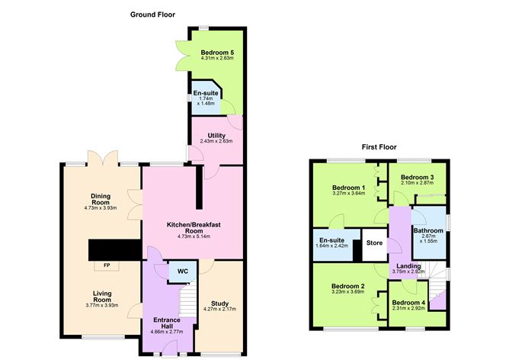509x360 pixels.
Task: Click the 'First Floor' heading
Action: click(381, 146)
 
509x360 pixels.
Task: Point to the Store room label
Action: click(373, 244)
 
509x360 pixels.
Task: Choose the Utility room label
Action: click(216, 135)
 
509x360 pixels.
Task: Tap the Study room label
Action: click(219, 303)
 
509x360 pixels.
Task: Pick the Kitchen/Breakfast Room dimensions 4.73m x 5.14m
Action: click(194, 236)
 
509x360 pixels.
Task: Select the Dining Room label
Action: click(101, 200)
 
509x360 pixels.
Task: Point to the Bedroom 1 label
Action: click(348, 188)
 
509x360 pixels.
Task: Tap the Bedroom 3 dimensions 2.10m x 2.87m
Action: click(417, 184)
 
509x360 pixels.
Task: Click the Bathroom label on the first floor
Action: click(427, 230)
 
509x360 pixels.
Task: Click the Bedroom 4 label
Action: click(409, 303)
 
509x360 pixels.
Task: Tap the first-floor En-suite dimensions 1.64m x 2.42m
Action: click(333, 246)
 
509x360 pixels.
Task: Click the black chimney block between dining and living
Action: click(114, 249)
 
